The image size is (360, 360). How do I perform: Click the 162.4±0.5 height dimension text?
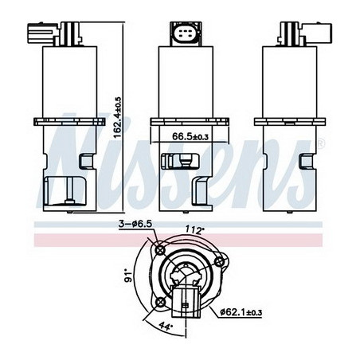coord(117,118)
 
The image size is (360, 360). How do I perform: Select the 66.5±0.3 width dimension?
coord(190,136)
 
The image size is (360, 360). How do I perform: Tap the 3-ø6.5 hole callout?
coord(135,224)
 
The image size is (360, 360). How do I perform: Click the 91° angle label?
coord(129,276)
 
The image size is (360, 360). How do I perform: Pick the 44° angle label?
coord(166,326)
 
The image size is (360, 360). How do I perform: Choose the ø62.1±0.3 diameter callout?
coord(241,312)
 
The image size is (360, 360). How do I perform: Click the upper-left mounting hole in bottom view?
coord(160,250)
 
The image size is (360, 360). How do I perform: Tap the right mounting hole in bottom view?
coord(219,262)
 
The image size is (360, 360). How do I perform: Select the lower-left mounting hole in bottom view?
coord(160,302)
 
